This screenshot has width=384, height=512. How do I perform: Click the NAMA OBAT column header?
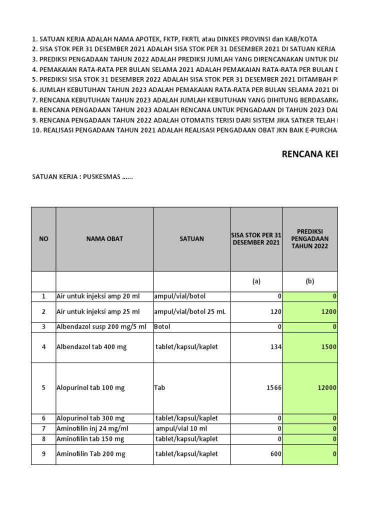click(104, 239)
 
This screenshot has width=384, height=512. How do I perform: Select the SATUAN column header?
click(191, 239)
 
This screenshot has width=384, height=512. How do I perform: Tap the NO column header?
click(43, 239)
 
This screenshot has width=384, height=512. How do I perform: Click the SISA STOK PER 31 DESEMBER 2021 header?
click(256, 239)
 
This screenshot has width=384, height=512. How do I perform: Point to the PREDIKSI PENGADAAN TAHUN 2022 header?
click(309, 239)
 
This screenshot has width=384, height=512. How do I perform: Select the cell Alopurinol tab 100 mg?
click(90, 388)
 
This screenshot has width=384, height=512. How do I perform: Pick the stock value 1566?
click(273, 388)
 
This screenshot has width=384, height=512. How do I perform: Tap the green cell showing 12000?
click(325, 388)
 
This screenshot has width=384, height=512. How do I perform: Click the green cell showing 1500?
click(327, 347)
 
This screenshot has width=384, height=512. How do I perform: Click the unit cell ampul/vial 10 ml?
click(181, 428)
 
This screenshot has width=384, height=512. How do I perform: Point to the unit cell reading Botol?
click(164, 327)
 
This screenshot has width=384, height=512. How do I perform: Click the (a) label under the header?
click(256, 281)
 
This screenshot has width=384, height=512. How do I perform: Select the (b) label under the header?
click(309, 281)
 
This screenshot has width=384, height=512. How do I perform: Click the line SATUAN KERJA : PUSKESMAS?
click(82, 176)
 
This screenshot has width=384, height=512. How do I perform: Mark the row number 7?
click(43, 428)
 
